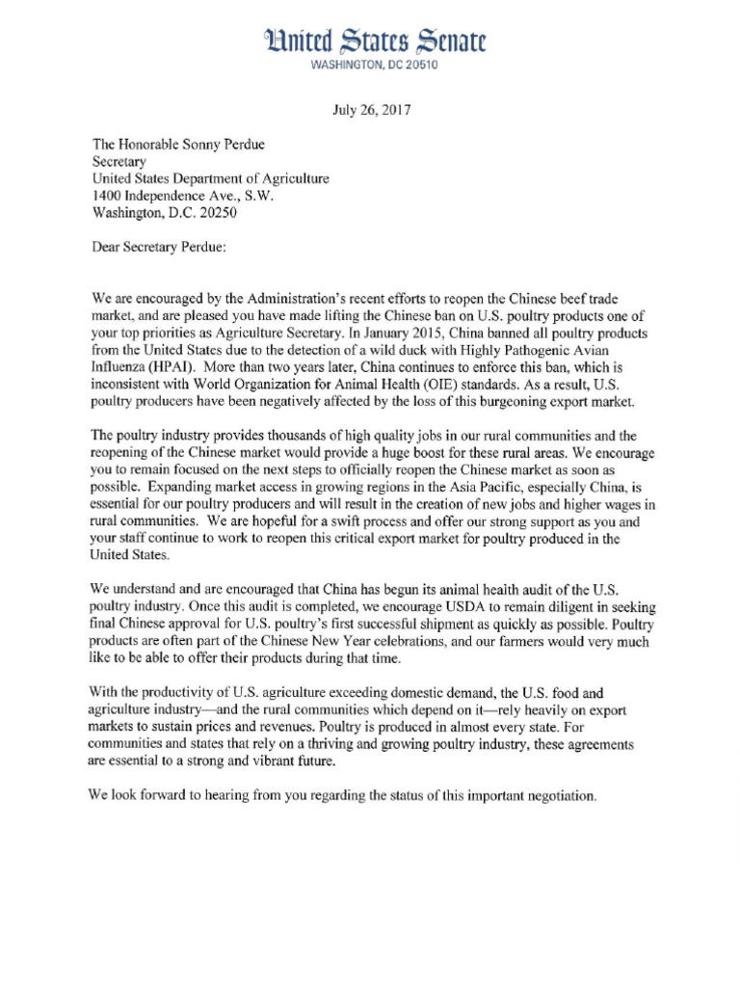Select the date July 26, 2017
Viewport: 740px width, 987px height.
tap(371, 110)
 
